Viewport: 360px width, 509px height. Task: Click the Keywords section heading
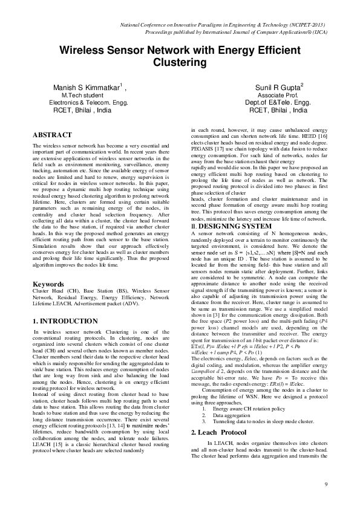coord(49,284)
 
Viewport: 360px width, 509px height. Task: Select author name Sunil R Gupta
coord(276,88)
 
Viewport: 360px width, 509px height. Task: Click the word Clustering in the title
coord(180,62)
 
